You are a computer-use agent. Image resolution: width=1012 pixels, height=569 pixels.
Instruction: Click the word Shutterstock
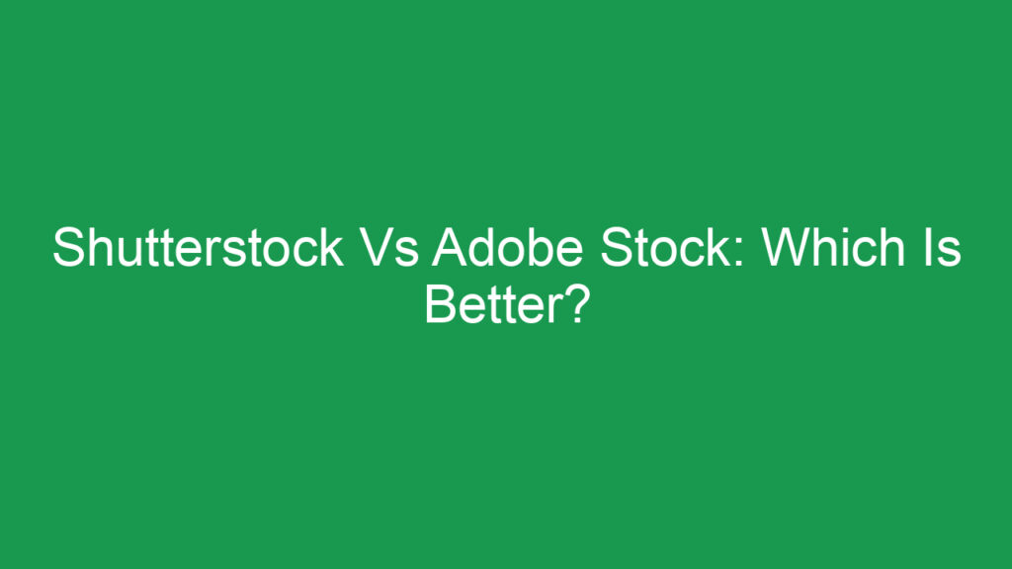(198, 248)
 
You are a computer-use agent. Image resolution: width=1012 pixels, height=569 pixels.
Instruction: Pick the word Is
(944, 248)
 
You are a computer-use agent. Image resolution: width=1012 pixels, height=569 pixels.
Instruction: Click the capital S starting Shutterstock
(66, 248)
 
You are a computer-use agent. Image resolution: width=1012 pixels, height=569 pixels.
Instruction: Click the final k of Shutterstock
(333, 248)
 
